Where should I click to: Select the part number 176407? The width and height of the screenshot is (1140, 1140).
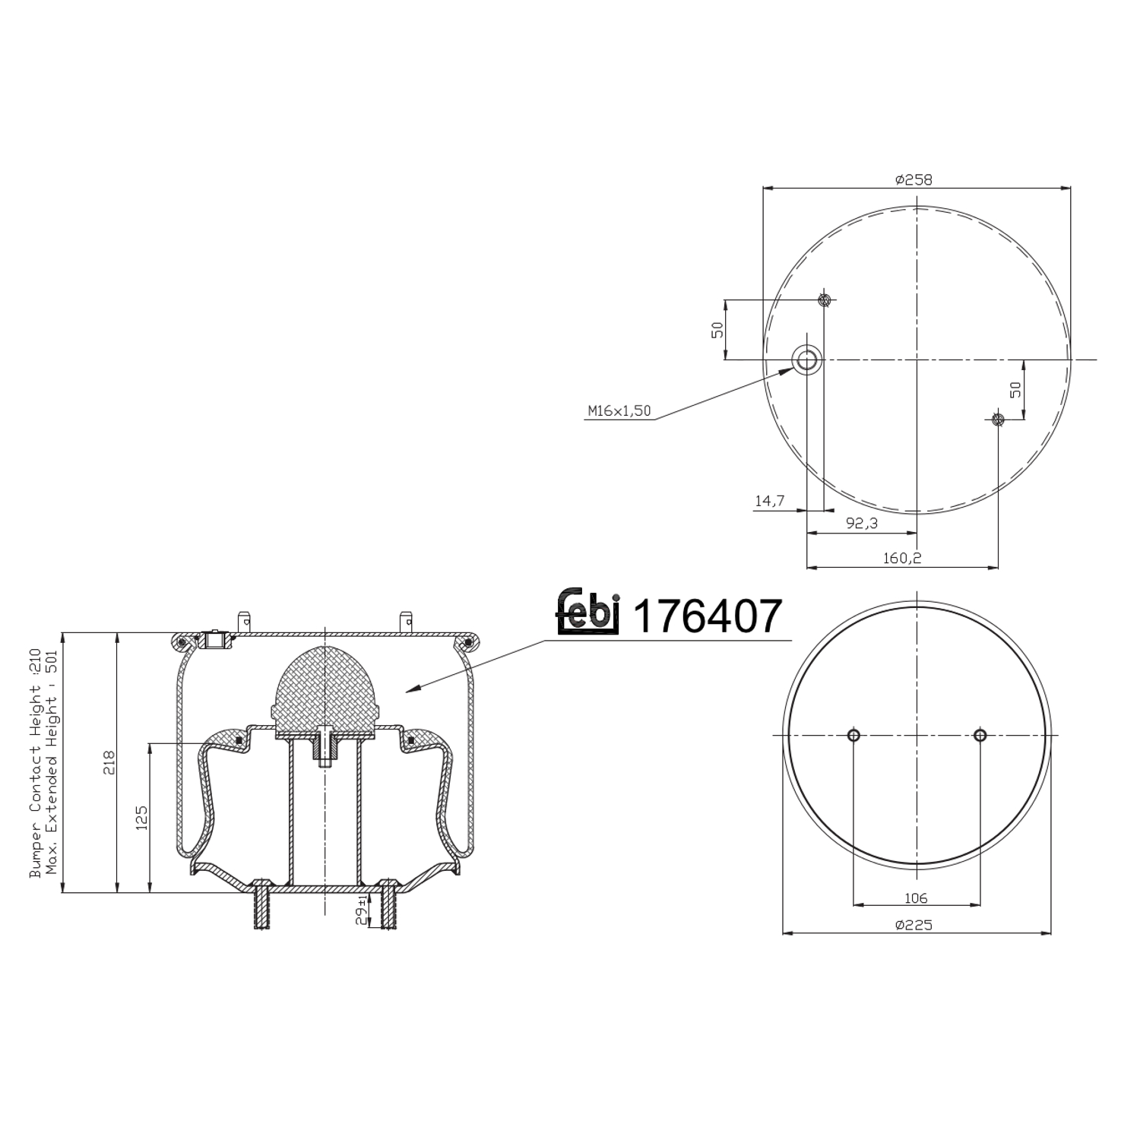(x=707, y=616)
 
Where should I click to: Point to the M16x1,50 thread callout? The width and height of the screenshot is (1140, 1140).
(x=619, y=411)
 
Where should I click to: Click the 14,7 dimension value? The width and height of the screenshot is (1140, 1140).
(x=769, y=501)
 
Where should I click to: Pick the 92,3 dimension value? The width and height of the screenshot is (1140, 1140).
(x=861, y=523)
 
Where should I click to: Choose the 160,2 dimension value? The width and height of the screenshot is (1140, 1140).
(x=902, y=558)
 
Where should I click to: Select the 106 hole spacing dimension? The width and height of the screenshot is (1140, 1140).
(x=916, y=898)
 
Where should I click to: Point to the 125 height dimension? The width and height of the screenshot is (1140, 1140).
(x=141, y=818)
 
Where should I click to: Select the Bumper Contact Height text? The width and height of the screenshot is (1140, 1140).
(x=35, y=768)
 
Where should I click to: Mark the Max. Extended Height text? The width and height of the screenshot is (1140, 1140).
(x=52, y=768)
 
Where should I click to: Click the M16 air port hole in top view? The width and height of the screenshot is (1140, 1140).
(x=806, y=359)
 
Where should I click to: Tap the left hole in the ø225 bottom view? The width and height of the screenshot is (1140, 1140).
(x=853, y=735)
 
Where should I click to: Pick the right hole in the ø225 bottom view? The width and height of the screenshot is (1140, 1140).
(x=980, y=735)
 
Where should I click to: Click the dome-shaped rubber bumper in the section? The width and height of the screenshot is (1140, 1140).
(x=325, y=688)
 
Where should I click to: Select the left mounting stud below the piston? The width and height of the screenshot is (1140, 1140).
(x=261, y=904)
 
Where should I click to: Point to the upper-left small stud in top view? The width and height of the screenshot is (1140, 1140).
(x=824, y=299)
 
